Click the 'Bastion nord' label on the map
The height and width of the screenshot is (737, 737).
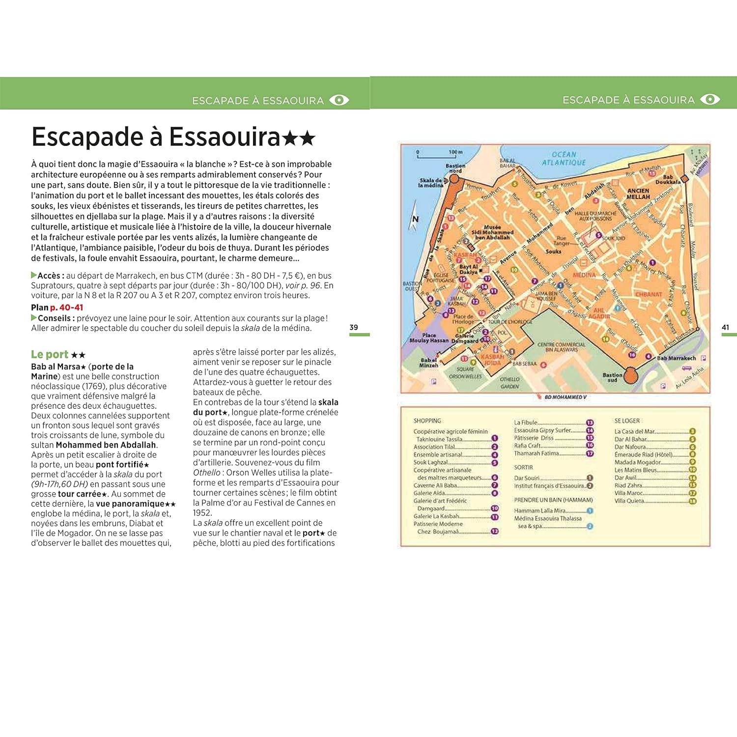455,169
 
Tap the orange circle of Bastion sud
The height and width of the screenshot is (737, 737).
629,375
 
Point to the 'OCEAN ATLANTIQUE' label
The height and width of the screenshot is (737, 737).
564,158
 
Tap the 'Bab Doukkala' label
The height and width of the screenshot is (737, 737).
668,179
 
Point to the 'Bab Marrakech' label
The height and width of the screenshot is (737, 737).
676,358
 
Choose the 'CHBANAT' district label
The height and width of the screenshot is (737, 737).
649,294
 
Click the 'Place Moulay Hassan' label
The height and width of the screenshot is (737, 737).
429,338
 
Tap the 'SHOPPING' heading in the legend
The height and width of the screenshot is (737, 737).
427,421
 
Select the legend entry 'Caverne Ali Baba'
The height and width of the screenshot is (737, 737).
435,485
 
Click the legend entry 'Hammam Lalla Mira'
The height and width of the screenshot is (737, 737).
539,510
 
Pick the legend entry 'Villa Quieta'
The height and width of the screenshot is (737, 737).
629,501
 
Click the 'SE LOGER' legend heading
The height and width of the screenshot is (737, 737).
627,421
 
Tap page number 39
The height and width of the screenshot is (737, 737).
354,327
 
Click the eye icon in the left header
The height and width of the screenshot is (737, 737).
339,100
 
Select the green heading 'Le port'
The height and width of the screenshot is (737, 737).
50,354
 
